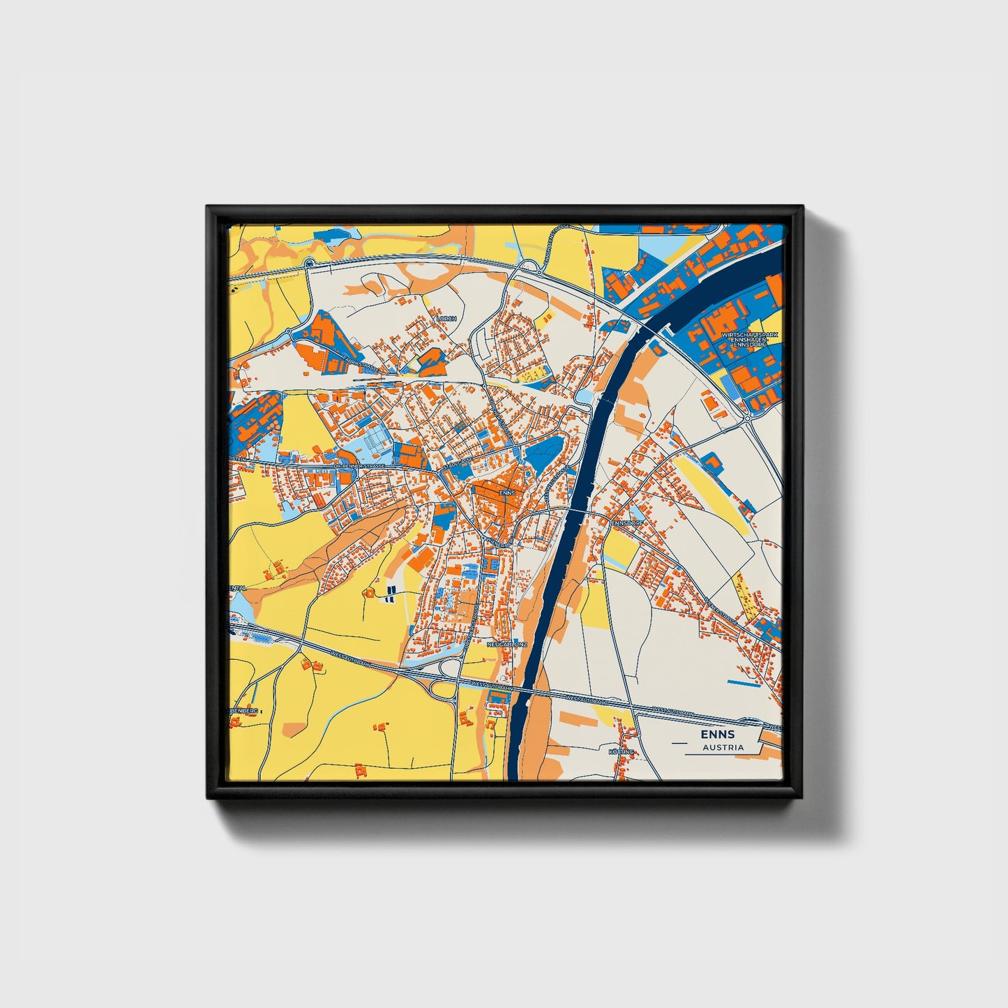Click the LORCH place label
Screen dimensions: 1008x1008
point(446,318)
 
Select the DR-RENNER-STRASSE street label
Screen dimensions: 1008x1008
point(359,465)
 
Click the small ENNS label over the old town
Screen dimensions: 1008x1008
point(508,492)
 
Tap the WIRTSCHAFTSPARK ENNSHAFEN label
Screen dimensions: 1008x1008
point(749,339)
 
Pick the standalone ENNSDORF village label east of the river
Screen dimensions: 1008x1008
point(626,522)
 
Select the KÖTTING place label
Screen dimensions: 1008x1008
point(622,751)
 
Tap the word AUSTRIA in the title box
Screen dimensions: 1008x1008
point(723,747)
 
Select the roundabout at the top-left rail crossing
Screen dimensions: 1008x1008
point(308,264)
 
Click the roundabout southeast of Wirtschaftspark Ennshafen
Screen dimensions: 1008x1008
point(747,419)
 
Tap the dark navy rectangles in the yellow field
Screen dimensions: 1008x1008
point(389,594)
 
